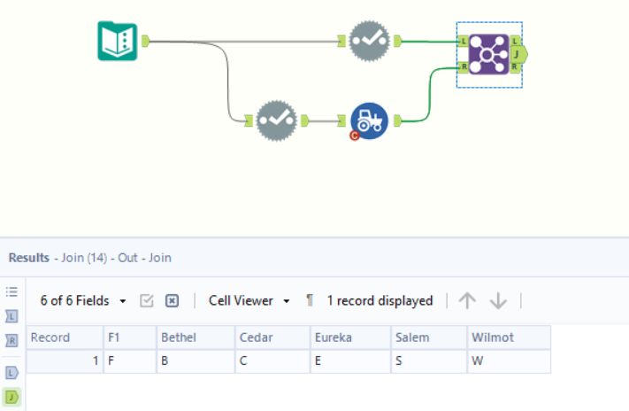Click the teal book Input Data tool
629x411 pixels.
pyautogui.click(x=117, y=41)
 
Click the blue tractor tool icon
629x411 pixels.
pyautogui.click(x=369, y=121)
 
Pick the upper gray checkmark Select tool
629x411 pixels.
pyautogui.click(x=369, y=41)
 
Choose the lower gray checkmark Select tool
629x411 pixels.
pyautogui.click(x=276, y=120)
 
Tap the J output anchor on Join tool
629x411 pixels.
pyautogui.click(x=518, y=54)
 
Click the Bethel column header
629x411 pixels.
pyautogui.click(x=195, y=337)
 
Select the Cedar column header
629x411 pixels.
pyautogui.click(x=272, y=337)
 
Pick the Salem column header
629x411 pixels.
pyautogui.click(x=428, y=337)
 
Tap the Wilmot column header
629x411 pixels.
pyautogui.click(x=508, y=337)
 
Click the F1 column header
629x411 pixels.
pyautogui.click(x=128, y=337)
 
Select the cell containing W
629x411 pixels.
pyautogui.click(x=508, y=361)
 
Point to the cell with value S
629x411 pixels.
pyautogui.click(x=428, y=361)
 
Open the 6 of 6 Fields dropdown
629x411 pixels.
pyautogui.click(x=83, y=301)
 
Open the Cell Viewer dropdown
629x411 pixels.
pyautogui.click(x=249, y=301)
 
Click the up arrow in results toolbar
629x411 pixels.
pyautogui.click(x=467, y=301)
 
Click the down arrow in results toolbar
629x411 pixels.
pyautogui.click(x=498, y=301)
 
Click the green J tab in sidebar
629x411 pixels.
pyautogui.click(x=12, y=396)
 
